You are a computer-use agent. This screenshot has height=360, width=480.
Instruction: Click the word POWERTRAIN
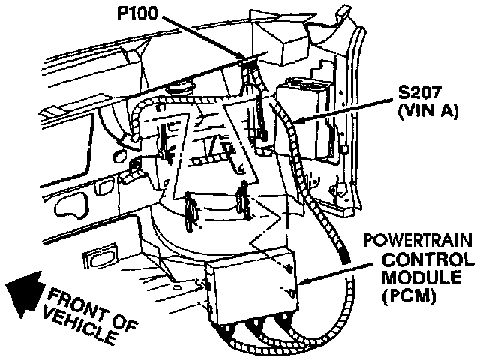[x=418, y=242]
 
